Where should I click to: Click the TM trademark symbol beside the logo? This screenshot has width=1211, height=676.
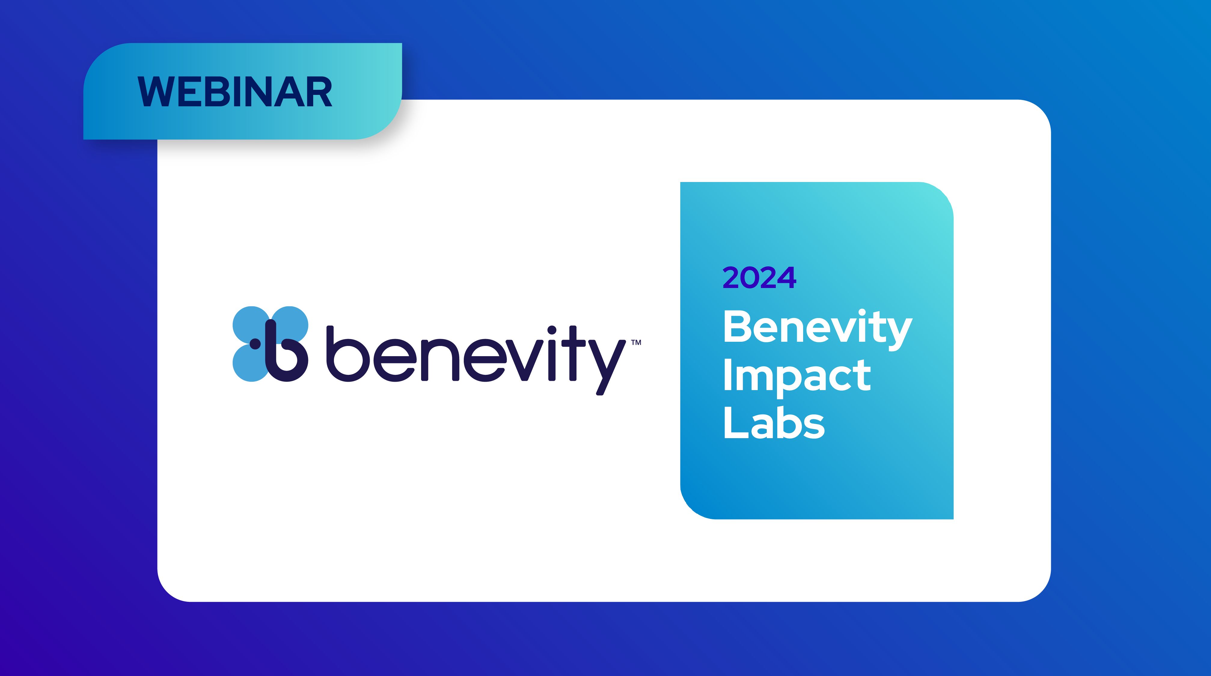click(636, 342)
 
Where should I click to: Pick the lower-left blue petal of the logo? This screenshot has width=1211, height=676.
click(252, 363)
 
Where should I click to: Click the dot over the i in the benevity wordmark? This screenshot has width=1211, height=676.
click(552, 330)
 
